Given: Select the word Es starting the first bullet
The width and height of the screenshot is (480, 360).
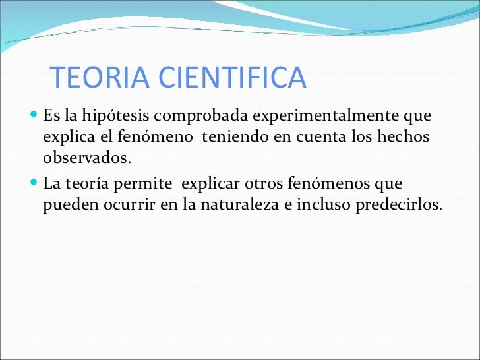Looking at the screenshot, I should (51, 117).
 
